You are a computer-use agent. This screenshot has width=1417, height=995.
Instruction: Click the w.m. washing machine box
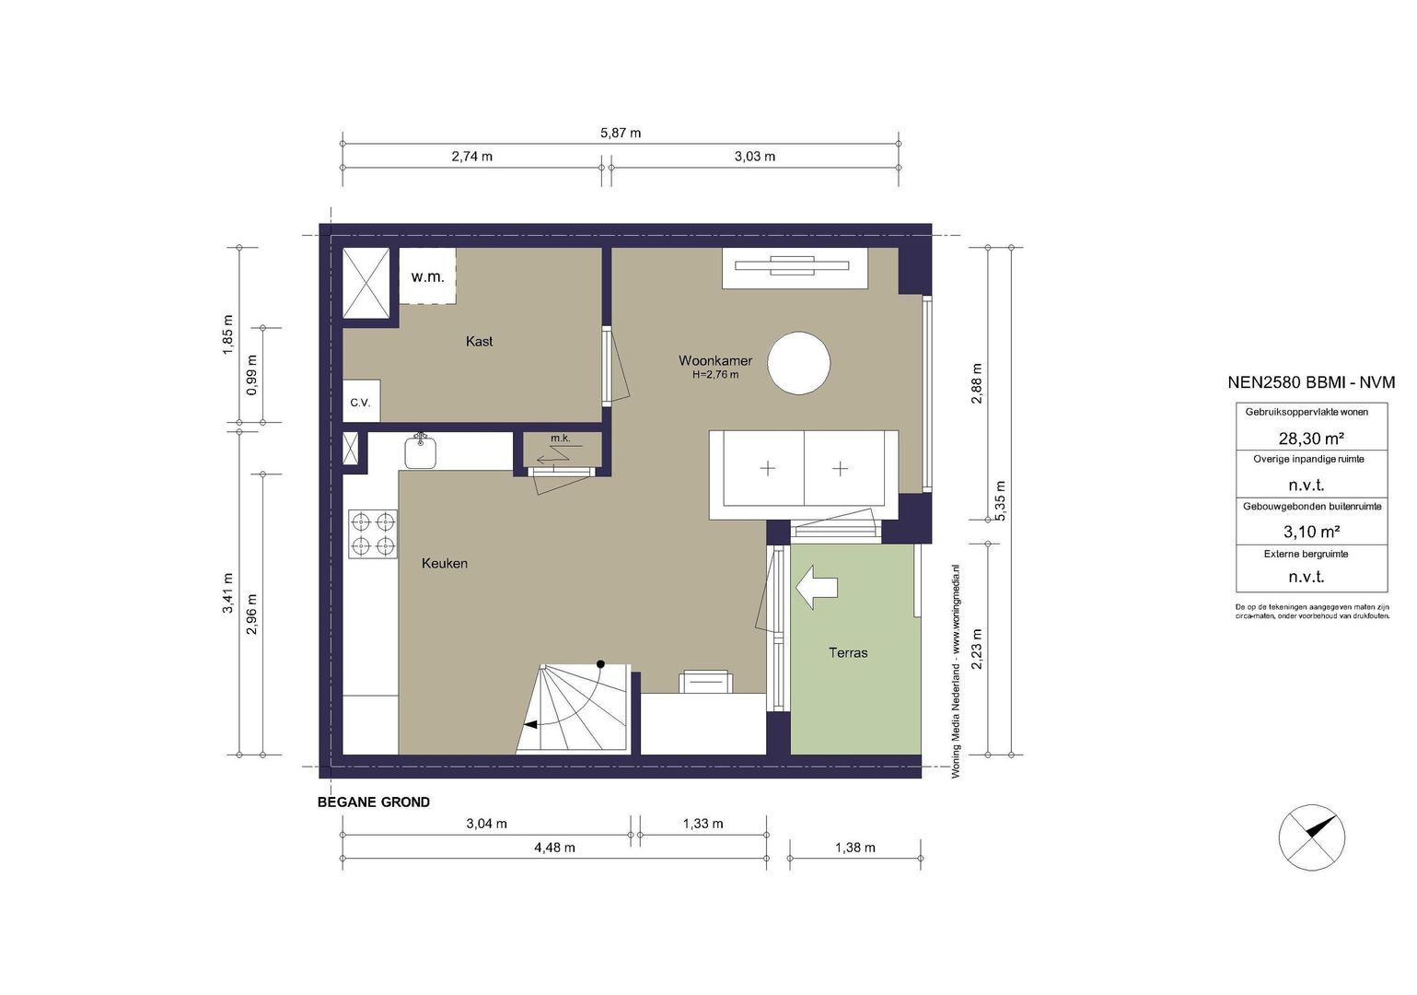click(x=427, y=276)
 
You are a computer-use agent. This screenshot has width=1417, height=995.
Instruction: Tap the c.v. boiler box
click(x=361, y=401)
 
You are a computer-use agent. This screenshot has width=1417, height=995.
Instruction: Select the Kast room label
click(x=479, y=342)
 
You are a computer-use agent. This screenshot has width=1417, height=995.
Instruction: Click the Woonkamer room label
click(x=715, y=361)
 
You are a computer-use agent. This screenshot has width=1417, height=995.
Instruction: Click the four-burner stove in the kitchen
click(x=373, y=534)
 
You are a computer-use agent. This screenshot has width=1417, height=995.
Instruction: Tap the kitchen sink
click(x=421, y=451)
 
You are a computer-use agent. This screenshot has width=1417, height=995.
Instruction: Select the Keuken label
click(x=445, y=563)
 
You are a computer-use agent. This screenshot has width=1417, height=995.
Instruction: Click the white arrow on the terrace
click(x=817, y=588)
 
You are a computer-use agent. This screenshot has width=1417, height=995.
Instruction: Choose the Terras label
click(x=848, y=652)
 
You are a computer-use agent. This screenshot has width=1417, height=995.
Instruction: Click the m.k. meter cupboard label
click(x=561, y=438)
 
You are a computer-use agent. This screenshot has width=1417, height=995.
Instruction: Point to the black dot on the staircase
click(x=600, y=664)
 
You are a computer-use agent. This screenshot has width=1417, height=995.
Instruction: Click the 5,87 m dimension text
click(x=621, y=133)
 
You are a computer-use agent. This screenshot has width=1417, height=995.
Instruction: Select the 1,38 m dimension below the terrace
click(x=855, y=848)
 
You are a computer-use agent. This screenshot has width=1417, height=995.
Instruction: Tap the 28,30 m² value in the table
click(x=1311, y=438)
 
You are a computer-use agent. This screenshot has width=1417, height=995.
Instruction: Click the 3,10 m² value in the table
click(x=1311, y=532)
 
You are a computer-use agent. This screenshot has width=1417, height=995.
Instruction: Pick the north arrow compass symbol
click(x=1312, y=837)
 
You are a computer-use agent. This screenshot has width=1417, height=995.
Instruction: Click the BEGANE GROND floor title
click(x=373, y=802)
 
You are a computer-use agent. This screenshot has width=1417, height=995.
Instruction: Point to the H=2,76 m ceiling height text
click(x=715, y=375)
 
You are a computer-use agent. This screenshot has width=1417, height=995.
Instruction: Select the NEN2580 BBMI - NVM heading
click(x=1311, y=382)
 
